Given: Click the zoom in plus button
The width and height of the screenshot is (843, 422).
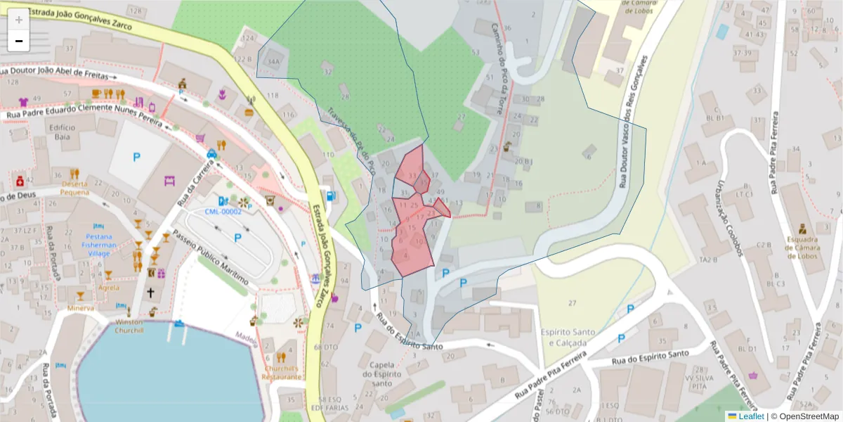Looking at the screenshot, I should (x=19, y=19).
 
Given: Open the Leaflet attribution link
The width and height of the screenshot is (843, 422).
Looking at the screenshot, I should (x=750, y=416).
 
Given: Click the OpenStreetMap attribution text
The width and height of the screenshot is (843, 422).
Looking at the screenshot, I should (x=809, y=416).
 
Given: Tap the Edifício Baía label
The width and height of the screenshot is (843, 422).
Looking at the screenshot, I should (x=62, y=132).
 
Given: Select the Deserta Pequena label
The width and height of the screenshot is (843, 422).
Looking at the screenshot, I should (x=74, y=188).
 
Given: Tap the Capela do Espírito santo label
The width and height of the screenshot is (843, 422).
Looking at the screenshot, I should (x=381, y=373).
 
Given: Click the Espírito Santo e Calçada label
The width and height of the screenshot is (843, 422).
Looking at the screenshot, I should (x=568, y=336).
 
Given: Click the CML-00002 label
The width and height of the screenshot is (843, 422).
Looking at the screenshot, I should (x=223, y=212).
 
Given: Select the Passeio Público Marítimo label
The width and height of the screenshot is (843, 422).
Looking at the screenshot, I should (x=210, y=257).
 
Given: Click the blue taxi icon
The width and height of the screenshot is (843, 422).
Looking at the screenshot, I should (x=211, y=153).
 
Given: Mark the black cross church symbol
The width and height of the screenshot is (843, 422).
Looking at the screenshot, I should (x=150, y=292).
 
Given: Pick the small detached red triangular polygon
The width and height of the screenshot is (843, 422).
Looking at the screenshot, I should (x=442, y=207).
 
